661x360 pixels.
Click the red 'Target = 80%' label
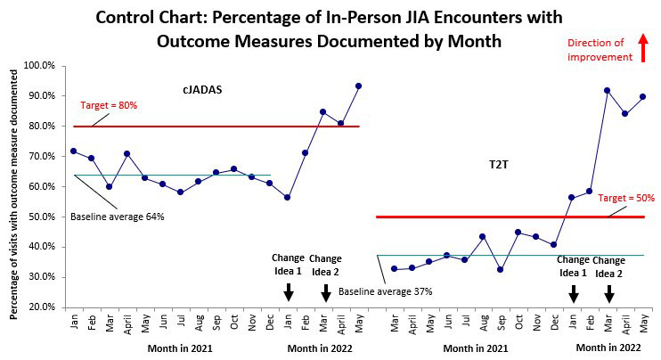click(x=108, y=105)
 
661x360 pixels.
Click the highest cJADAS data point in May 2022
click(x=358, y=86)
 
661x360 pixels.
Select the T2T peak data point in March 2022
click(x=607, y=90)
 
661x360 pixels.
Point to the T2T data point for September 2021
click(x=500, y=269)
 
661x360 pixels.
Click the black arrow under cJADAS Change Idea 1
click(x=288, y=292)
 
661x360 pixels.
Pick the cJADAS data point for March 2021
click(x=110, y=186)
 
